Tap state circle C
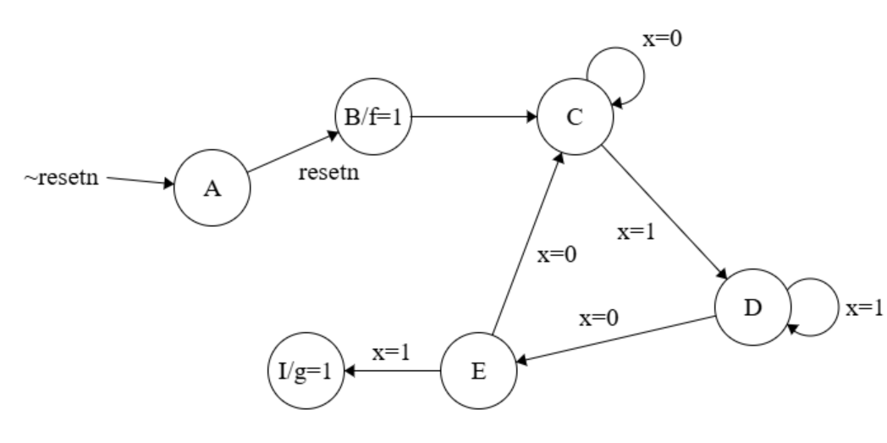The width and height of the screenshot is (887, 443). (575, 118)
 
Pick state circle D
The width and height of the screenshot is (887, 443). (752, 306)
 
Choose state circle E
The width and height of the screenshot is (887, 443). (479, 371)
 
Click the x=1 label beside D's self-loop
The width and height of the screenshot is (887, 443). (863, 308)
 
